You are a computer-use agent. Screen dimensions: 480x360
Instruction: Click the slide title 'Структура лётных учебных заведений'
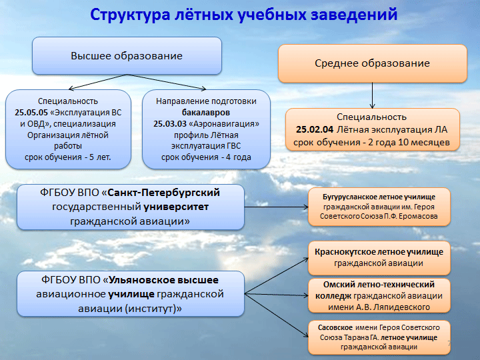click(244, 15)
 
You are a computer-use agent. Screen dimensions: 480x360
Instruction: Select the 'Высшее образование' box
click(127, 56)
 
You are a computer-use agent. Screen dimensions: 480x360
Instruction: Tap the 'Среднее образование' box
click(373, 63)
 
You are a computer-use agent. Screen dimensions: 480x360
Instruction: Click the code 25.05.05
click(31, 113)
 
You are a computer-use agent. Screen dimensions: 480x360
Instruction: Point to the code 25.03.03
click(170, 124)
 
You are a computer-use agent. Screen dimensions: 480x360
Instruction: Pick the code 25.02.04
click(315, 130)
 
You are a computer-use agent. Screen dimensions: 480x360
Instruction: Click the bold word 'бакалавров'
click(206, 113)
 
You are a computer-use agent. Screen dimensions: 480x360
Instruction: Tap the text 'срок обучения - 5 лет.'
click(67, 157)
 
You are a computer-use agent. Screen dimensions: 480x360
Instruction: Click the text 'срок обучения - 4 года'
click(206, 157)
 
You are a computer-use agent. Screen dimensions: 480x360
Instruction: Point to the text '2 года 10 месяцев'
click(409, 143)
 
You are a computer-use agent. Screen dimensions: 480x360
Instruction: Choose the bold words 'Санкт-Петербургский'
click(164, 193)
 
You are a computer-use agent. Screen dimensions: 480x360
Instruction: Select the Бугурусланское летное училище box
click(379, 207)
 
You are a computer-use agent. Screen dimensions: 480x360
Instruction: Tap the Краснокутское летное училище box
click(379, 258)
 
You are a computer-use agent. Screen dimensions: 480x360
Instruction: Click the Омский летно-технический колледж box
click(379, 296)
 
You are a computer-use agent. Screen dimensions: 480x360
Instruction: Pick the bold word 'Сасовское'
click(335, 327)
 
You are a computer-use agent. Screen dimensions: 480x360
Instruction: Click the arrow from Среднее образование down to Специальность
click(372, 95)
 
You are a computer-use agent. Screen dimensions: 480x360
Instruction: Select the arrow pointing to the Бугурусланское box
click(277, 207)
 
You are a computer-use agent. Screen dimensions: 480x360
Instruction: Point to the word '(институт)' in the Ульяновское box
click(153, 309)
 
